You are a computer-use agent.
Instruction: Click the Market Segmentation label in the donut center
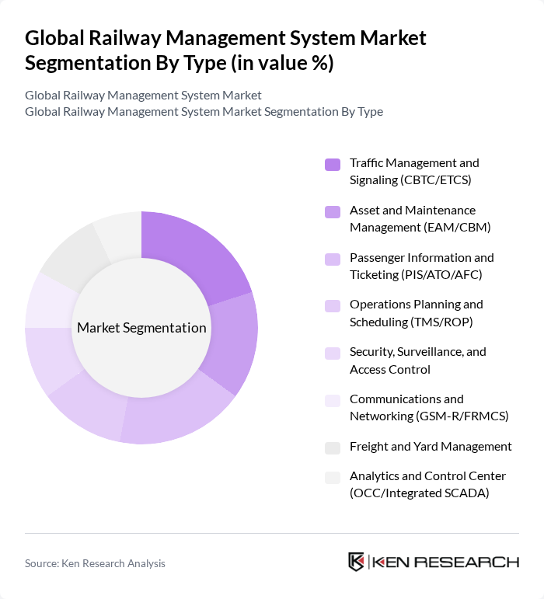click(x=141, y=328)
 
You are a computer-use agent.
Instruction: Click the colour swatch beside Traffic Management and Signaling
click(x=333, y=164)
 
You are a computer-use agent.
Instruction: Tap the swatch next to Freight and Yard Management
click(x=333, y=448)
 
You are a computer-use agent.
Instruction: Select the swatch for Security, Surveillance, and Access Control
click(x=333, y=353)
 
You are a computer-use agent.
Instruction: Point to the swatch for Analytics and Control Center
click(x=333, y=477)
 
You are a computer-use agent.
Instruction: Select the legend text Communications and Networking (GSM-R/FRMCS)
click(x=428, y=407)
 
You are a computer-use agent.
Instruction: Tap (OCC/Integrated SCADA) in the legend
click(x=419, y=493)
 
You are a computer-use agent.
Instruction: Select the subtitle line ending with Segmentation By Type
click(x=204, y=112)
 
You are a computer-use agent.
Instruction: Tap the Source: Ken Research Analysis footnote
click(x=95, y=563)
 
